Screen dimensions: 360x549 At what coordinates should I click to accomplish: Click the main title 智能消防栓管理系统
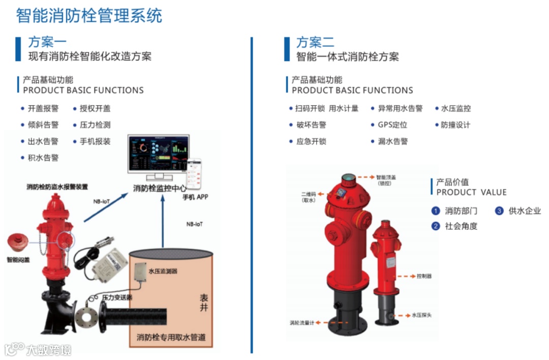89,15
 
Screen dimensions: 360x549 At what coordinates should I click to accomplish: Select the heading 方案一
47,42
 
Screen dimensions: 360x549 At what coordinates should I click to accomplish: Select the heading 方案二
315,42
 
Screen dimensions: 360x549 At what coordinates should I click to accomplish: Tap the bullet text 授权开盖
95,108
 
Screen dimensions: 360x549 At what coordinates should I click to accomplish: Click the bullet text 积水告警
43,158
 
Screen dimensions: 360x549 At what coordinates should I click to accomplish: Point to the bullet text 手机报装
95,141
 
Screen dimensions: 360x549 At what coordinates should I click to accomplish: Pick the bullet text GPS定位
392,125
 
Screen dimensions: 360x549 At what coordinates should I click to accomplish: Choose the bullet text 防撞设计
455,125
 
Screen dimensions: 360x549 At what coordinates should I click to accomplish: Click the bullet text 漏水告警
392,141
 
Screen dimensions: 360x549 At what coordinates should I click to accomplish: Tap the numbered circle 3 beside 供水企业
499,211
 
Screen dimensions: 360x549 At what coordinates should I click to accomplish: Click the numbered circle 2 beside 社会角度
435,226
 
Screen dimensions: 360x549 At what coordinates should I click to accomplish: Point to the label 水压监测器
163,271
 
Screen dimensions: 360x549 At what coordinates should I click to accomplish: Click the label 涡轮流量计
302,322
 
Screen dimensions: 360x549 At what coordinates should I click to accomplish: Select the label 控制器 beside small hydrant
424,276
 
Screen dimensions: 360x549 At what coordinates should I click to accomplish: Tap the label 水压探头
421,315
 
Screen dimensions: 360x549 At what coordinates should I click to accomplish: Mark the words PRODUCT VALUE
471,192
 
